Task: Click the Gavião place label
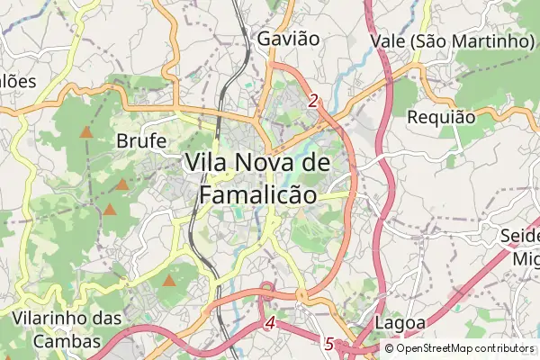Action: (288, 39)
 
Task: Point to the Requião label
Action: (441, 117)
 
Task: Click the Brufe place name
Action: (141, 141)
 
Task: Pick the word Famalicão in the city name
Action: (257, 194)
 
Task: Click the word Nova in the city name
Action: (264, 163)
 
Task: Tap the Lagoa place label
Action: (396, 323)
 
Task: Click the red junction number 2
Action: (312, 102)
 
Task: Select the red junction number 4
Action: (271, 322)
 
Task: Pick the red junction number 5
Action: (328, 344)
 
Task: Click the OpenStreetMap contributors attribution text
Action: (464, 348)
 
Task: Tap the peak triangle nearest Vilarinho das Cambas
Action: (169, 281)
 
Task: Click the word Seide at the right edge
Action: (521, 237)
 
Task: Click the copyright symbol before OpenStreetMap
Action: (389, 348)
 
